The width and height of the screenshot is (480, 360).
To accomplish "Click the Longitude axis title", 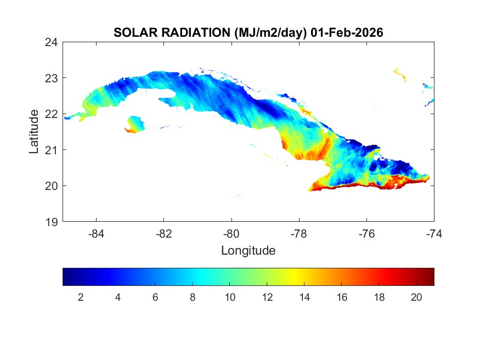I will [x=248, y=251].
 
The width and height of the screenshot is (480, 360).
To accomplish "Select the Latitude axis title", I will [x=34, y=131].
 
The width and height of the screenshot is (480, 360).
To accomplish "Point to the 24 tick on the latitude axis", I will [x=52, y=42].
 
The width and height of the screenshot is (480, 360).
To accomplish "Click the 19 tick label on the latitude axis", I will [x=52, y=222].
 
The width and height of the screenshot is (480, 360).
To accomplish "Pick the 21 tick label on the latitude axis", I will [x=52, y=150].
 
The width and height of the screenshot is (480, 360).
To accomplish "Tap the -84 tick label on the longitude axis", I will [x=97, y=234].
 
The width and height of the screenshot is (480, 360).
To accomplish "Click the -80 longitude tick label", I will [x=231, y=234].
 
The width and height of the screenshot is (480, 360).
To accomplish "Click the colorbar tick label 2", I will [x=81, y=297].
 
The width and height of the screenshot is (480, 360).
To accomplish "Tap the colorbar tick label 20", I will [x=416, y=297].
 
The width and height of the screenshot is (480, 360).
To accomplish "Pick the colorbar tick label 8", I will [x=193, y=297].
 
